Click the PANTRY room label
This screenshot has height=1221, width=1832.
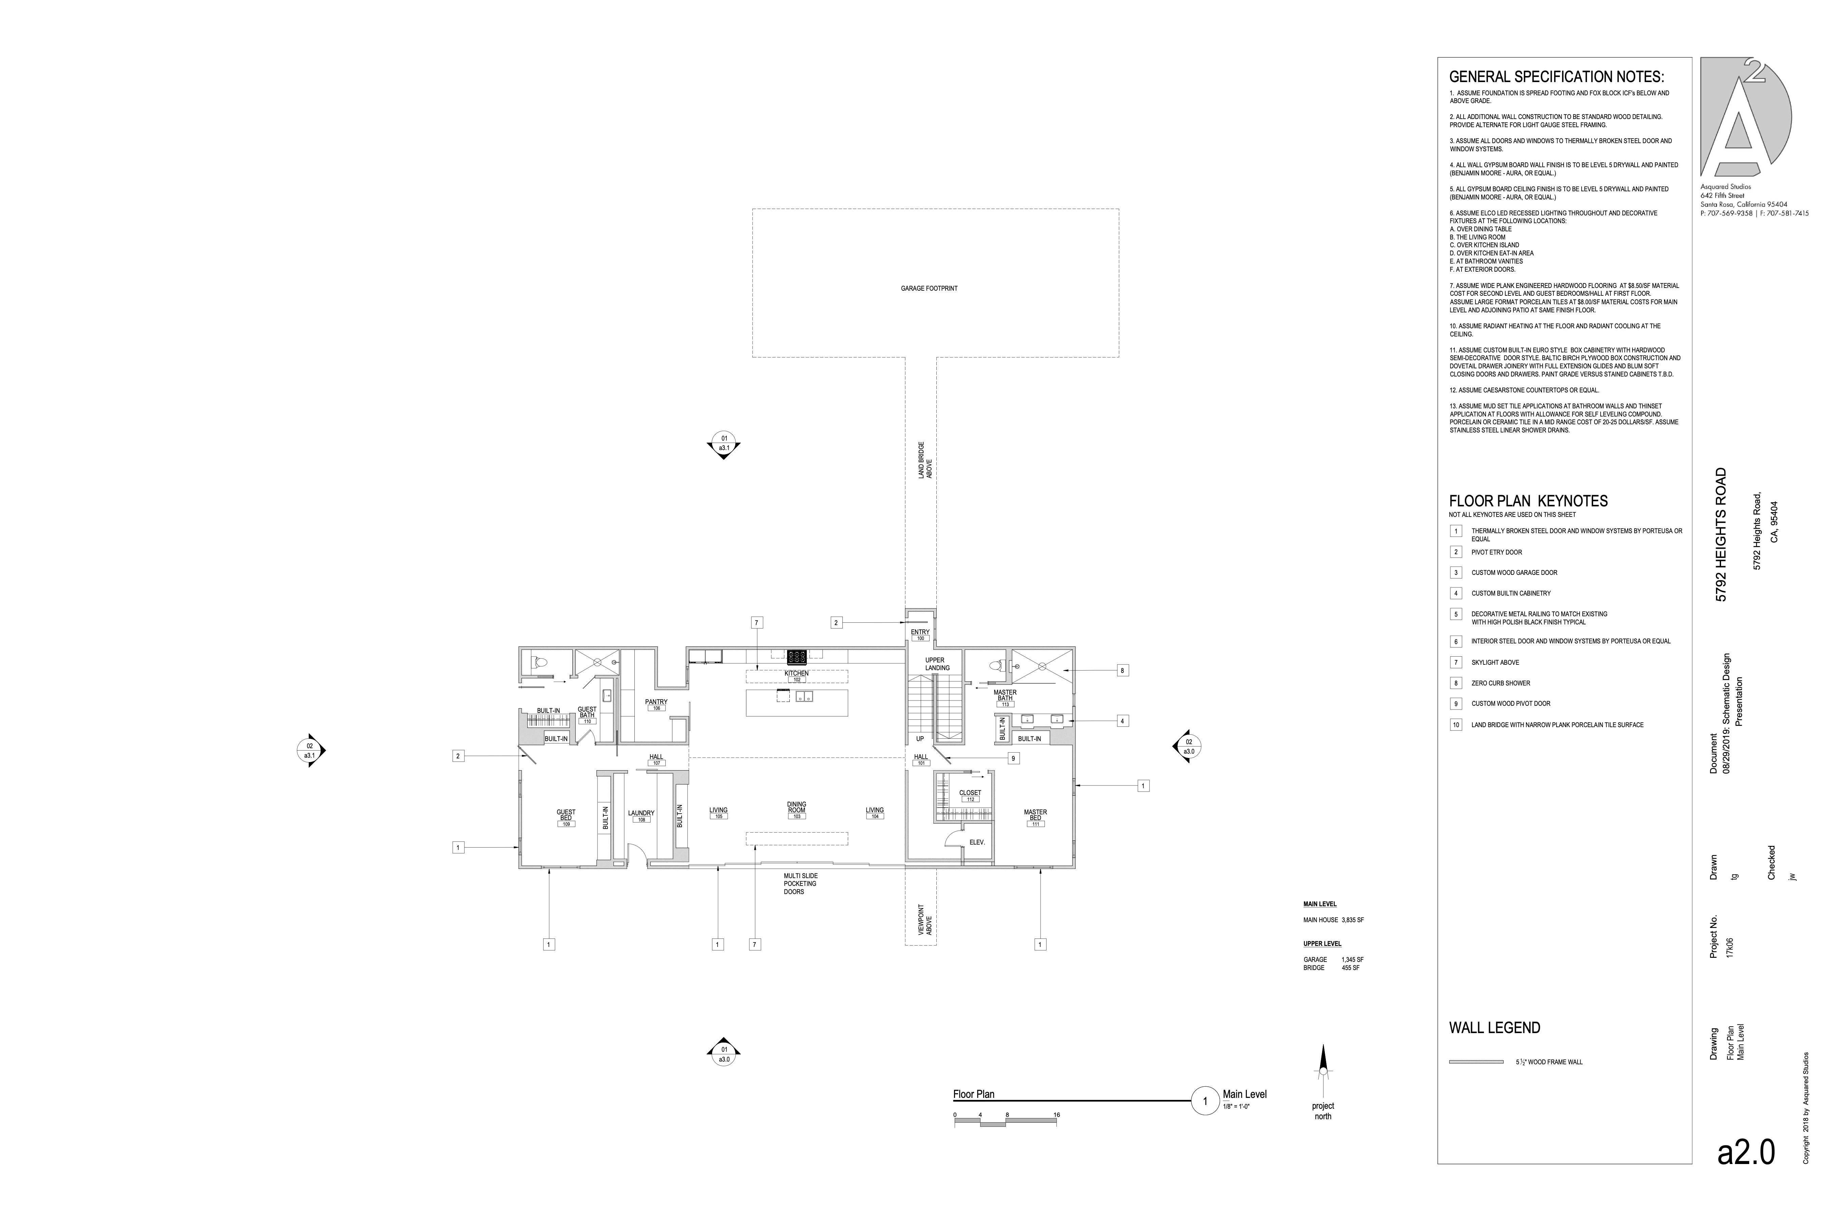656,702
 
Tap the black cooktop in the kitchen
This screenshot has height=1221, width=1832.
796,656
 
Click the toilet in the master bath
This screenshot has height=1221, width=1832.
996,666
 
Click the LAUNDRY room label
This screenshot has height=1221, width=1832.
641,813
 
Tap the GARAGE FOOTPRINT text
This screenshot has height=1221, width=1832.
929,288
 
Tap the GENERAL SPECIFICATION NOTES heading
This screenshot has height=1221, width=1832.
1556,77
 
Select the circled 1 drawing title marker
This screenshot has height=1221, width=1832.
1205,1101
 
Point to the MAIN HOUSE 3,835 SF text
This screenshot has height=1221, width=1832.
1334,919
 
